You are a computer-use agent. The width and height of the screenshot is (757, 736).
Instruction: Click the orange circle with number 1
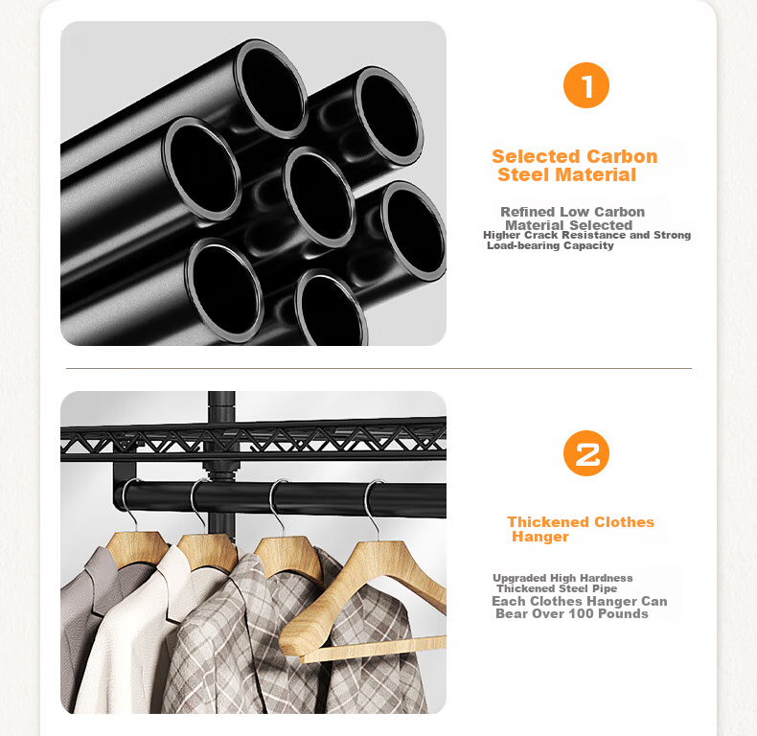click(x=586, y=85)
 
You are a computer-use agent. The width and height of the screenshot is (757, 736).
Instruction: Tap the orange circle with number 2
click(x=586, y=453)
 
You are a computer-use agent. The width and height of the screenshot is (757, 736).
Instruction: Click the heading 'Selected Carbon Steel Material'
click(x=575, y=166)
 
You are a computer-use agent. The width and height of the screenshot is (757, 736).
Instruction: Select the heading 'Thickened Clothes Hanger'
click(x=581, y=529)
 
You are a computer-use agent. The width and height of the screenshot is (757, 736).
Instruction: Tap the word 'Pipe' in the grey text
click(x=605, y=588)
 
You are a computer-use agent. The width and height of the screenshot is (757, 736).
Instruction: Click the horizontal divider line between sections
click(x=378, y=369)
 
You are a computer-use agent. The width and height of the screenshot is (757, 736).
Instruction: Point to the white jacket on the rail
click(x=145, y=628)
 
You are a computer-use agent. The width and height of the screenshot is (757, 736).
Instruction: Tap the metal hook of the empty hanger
click(x=373, y=507)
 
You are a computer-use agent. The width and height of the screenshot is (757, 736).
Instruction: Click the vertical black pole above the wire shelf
click(x=221, y=406)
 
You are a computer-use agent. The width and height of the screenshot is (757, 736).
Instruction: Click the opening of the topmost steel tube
click(x=271, y=89)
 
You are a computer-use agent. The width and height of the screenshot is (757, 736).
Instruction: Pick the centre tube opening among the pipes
click(x=319, y=197)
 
